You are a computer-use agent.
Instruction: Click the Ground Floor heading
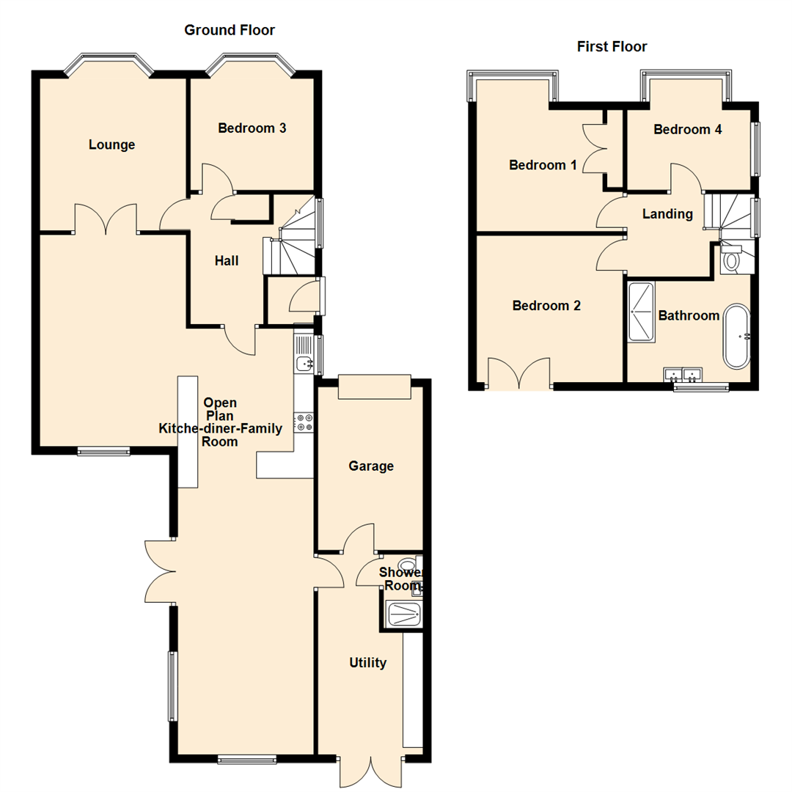click(229, 30)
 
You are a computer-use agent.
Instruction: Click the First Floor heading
click(612, 47)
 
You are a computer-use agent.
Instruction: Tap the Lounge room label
click(111, 144)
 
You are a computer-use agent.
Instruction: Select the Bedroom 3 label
click(252, 128)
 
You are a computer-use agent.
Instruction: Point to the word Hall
click(227, 260)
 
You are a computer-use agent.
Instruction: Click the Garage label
click(370, 466)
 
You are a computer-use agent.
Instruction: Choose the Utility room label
click(367, 663)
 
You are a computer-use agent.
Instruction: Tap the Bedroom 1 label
click(543, 165)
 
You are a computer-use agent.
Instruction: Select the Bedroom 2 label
click(546, 306)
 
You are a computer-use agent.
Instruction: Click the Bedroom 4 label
click(687, 130)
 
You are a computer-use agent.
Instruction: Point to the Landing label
click(667, 214)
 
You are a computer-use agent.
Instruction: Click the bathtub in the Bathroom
click(737, 337)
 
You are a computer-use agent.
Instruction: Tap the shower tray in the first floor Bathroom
click(643, 312)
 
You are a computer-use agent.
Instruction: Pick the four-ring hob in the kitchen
click(304, 422)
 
